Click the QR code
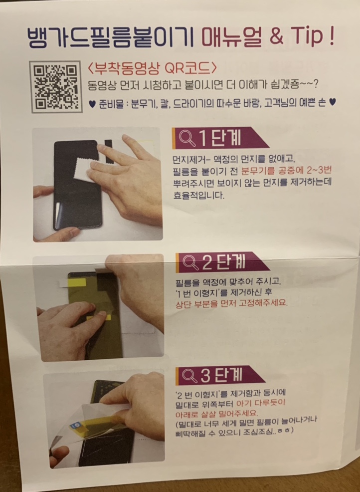(56, 87)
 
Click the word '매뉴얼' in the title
(232, 37)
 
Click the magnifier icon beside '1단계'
(187, 139)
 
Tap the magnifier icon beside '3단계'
(189, 376)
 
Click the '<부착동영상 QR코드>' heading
(152, 68)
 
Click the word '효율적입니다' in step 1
(199, 196)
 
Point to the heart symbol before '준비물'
(92, 104)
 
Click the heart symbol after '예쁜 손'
(333, 102)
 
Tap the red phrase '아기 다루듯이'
(261, 403)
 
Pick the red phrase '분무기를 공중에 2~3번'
(287, 171)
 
